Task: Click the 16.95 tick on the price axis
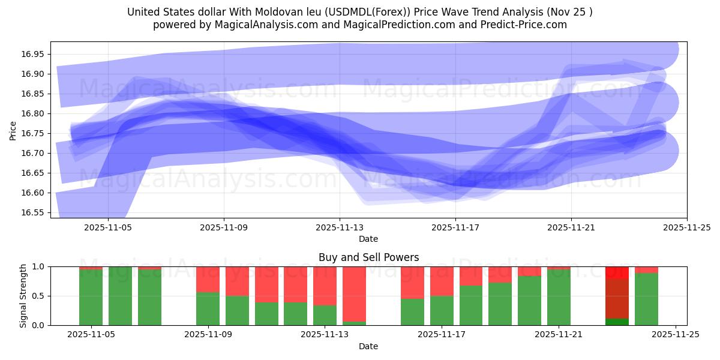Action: point(33,54)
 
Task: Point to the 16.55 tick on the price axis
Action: point(33,212)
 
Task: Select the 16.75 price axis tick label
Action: point(33,133)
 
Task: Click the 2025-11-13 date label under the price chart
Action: point(340,227)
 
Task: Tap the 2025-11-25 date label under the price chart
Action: point(686,227)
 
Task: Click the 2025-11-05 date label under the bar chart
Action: point(91,335)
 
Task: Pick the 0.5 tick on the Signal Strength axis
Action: point(39,296)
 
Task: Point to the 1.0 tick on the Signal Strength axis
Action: point(39,266)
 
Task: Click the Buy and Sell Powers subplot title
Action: point(368,257)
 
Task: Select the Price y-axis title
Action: point(13,130)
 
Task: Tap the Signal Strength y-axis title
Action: point(23,296)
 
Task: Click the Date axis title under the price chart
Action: point(368,239)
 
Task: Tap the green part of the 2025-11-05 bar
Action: point(91,297)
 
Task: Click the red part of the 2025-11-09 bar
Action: point(208,279)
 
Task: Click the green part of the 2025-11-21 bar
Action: point(559,297)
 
